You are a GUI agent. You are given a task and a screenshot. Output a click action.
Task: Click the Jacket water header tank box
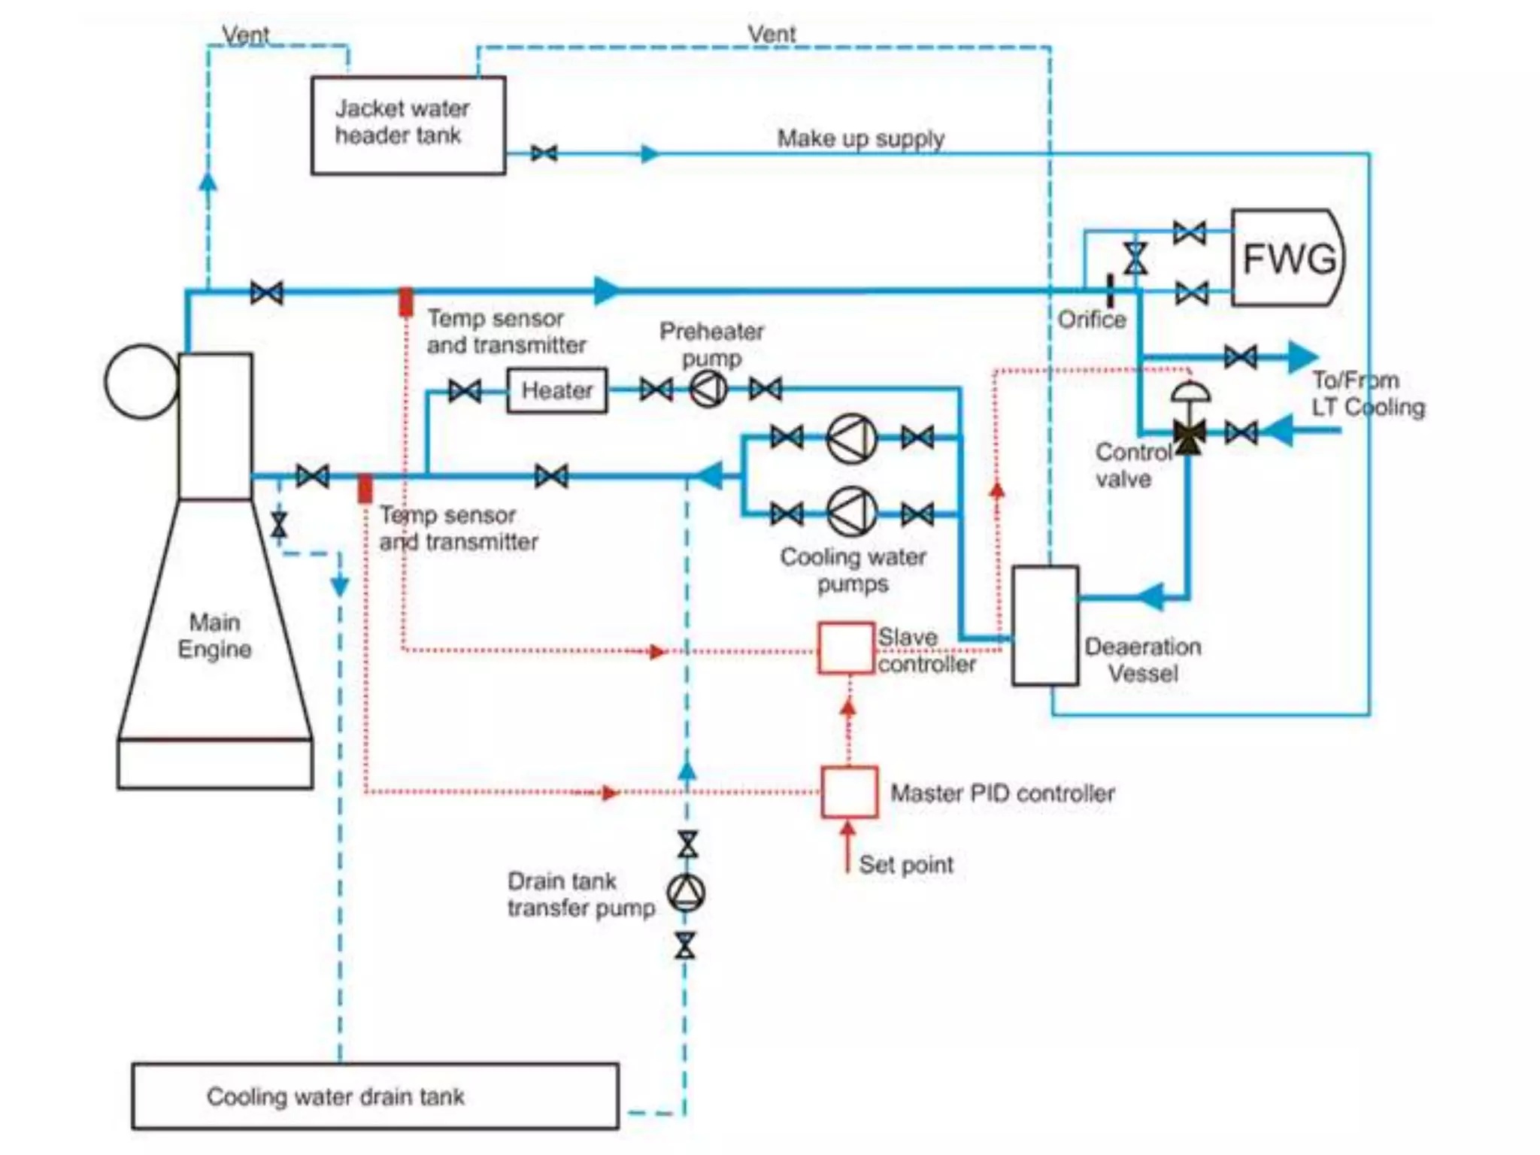pyautogui.click(x=408, y=126)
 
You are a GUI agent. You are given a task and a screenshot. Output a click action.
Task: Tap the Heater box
pyautogui.click(x=556, y=390)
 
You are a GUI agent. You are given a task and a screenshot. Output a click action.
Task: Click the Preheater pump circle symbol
pyautogui.click(x=708, y=390)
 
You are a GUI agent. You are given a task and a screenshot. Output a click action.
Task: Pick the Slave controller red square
pyautogui.click(x=846, y=647)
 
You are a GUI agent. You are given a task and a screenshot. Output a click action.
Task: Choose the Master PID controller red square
pyautogui.click(x=849, y=792)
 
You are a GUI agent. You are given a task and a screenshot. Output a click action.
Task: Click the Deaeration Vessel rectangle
pyautogui.click(x=1045, y=626)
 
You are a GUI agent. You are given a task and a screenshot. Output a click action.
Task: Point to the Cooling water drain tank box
pyautogui.click(x=375, y=1096)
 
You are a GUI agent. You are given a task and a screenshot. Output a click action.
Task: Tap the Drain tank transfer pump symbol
pyautogui.click(x=686, y=893)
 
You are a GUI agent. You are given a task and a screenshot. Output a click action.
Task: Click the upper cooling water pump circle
pyautogui.click(x=851, y=438)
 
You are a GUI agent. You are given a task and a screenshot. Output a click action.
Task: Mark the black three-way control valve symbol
pyautogui.click(x=1189, y=434)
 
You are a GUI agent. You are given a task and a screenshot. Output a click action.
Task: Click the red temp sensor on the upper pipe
pyautogui.click(x=405, y=302)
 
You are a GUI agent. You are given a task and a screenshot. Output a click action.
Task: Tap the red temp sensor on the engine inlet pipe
pyautogui.click(x=365, y=489)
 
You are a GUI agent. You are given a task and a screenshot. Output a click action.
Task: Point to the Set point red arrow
pyautogui.click(x=847, y=846)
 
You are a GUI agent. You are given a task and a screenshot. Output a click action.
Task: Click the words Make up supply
pyautogui.click(x=860, y=139)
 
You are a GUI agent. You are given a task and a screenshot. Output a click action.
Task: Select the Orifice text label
pyautogui.click(x=1092, y=320)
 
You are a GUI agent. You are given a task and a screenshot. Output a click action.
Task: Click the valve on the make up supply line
pyautogui.click(x=544, y=154)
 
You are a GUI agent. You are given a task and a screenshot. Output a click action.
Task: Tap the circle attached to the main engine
pyautogui.click(x=141, y=382)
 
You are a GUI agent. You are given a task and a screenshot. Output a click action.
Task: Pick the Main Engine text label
pyautogui.click(x=214, y=636)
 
